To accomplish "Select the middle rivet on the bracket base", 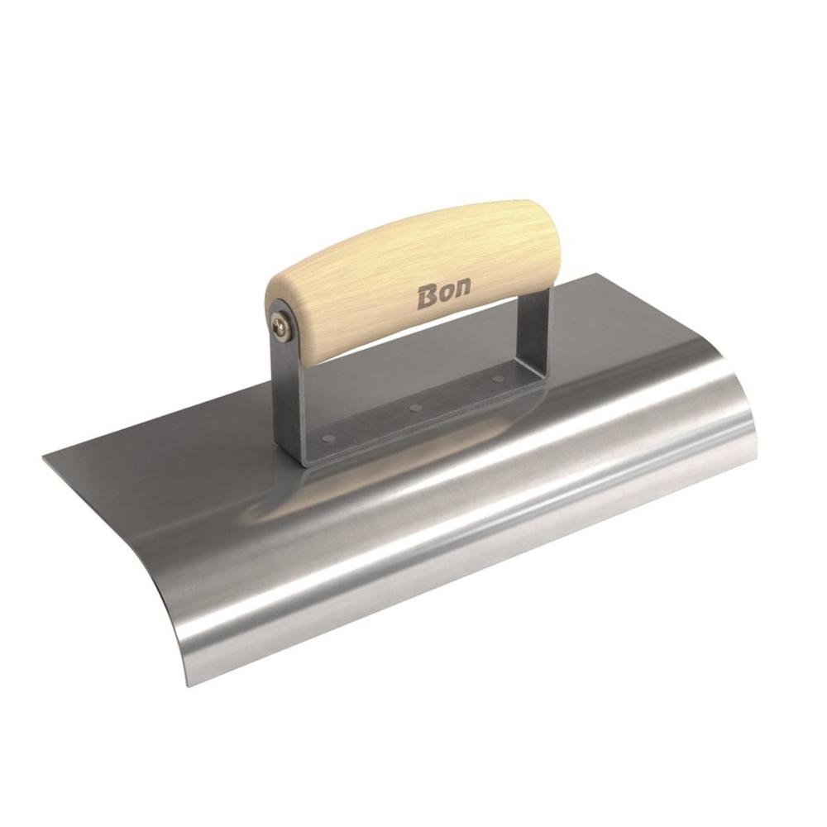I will coord(415,408).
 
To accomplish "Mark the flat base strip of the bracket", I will coord(413,418).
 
